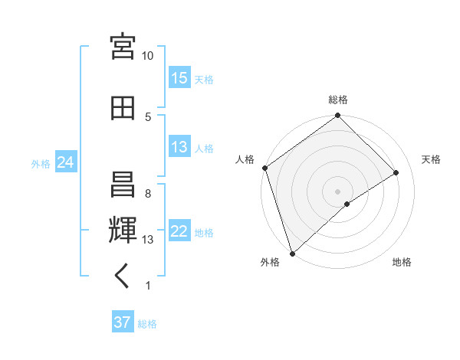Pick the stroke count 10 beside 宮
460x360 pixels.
(148, 56)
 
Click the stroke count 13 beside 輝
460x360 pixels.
(148, 240)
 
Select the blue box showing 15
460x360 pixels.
(179, 79)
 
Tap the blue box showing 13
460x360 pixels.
(179, 148)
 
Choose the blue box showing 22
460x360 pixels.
(179, 232)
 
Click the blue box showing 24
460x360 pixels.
(65, 163)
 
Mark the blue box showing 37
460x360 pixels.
(123, 323)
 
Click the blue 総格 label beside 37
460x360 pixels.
(147, 324)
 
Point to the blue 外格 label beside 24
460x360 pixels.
(41, 164)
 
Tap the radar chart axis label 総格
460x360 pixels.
(338, 100)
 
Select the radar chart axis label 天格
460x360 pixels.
(431, 159)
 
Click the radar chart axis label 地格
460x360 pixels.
(402, 262)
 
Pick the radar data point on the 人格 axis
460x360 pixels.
(264, 168)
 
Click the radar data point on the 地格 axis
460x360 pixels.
(347, 204)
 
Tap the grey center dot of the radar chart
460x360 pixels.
(337, 190)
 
